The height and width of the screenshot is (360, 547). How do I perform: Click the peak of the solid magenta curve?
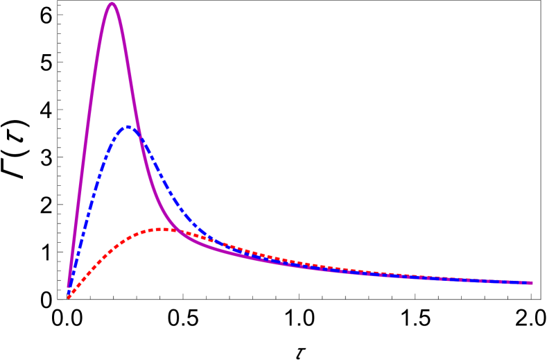point(112,4)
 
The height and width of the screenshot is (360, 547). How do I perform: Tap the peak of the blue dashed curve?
point(128,126)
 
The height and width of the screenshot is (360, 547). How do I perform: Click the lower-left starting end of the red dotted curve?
point(69,297)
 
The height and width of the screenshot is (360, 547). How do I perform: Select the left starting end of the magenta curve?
point(69,285)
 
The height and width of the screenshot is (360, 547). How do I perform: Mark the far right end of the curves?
point(530,283)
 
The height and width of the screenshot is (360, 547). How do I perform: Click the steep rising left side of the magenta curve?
point(87,139)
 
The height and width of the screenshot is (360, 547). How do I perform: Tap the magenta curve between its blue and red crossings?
point(153,194)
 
